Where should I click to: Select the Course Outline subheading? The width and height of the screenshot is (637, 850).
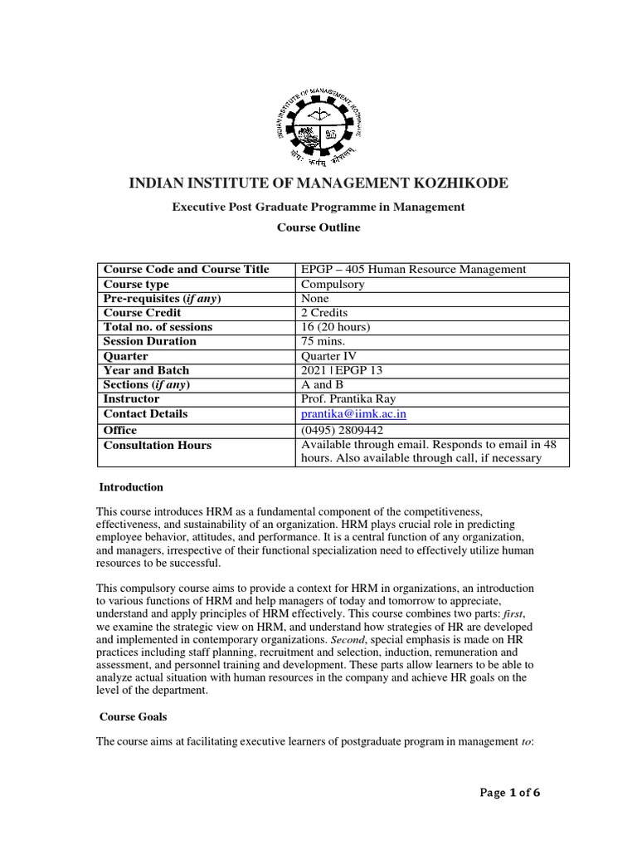[318, 226]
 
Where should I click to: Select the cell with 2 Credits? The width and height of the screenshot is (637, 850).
[325, 313]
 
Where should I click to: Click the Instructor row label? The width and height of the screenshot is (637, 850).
[131, 399]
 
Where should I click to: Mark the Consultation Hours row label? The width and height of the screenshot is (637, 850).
[157, 446]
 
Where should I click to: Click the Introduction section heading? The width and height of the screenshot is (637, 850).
[131, 487]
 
